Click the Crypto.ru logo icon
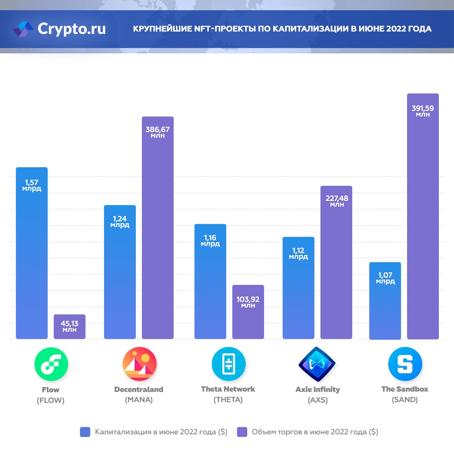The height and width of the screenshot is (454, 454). pos(23,29)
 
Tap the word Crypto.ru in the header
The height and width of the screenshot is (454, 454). pos(72,29)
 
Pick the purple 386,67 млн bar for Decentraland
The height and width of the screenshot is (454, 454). pos(158,235)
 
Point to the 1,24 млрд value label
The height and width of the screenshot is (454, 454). pos(120,221)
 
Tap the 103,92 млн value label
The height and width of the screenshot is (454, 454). pos(248,302)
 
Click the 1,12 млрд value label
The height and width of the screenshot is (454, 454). pos(299,253)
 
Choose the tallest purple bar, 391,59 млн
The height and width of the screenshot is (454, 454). pos(423,227)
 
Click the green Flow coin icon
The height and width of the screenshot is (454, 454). pos(51,364)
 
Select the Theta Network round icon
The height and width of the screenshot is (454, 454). pos(229,364)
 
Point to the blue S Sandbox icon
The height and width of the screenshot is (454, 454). pos(405,364)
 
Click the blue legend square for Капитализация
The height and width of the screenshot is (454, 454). pos(85,432)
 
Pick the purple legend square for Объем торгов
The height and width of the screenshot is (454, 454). pos(242,432)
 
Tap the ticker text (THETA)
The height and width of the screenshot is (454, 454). pos(228,400)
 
